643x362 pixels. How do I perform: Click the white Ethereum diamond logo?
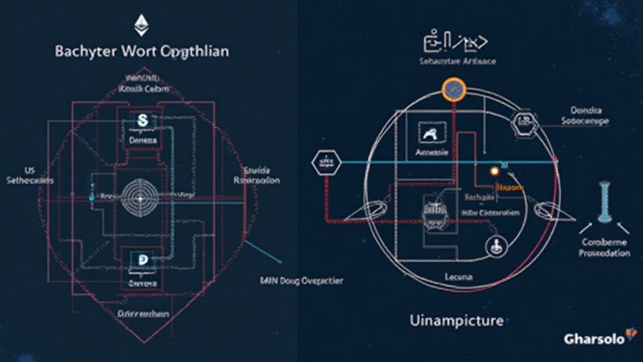pos(141,25)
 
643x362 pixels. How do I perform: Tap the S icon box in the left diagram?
pos(143,119)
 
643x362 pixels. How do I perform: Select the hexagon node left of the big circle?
pos(325,163)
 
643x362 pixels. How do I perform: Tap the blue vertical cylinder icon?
pos(605,201)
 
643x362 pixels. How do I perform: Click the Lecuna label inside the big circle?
pos(459,277)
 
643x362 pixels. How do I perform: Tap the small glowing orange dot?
pos(494,171)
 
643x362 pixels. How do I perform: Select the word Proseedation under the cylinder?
pos(605,253)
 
